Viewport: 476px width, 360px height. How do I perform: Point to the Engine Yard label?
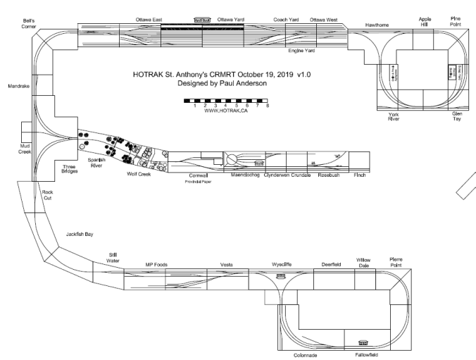pyautogui.click(x=301, y=51)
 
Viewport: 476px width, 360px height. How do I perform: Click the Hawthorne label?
pyautogui.click(x=377, y=25)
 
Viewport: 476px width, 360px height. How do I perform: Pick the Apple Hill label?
pyautogui.click(x=424, y=22)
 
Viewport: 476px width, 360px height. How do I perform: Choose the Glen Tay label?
pyautogui.click(x=458, y=116)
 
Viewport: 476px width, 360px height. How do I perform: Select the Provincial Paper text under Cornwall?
pyautogui.click(x=199, y=181)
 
